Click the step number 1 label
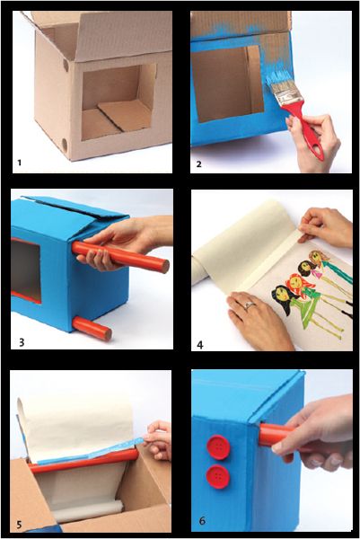point(20,163)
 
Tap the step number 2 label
point(199,164)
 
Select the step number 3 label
point(22,342)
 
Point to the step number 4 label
point(200,344)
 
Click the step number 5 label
point(19,525)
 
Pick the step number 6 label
point(202,521)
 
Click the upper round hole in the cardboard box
point(66,65)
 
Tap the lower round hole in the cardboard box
point(65,144)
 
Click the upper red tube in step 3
point(120,257)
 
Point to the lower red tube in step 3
point(92,328)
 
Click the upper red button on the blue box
point(218,447)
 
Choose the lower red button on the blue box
point(218,476)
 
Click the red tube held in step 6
point(275,436)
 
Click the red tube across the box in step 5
point(83,462)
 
